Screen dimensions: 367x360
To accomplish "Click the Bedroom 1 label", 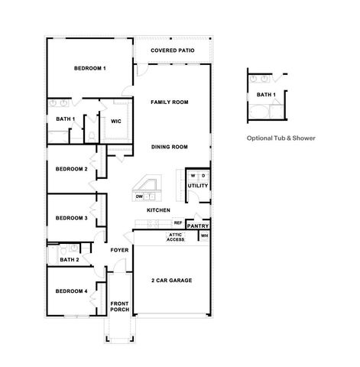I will point(89,69).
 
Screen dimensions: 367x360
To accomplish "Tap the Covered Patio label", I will point(172,50).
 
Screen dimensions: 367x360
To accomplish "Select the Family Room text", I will point(169,102).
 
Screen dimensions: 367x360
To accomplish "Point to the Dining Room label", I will point(169,147).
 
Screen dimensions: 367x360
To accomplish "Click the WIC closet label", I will point(116,121).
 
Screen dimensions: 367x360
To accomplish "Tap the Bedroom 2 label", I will point(71,169).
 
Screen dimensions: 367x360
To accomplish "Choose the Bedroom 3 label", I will point(71,219).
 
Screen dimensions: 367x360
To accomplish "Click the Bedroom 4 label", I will point(71,291).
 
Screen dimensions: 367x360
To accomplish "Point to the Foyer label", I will point(119,250).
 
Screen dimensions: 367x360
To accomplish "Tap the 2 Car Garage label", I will point(171,281).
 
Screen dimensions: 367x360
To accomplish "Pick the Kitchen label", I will point(157,210).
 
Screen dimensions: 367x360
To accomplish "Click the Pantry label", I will point(198,226).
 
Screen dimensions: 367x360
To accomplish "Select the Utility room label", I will point(197,186).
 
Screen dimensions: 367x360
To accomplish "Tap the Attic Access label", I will point(176,238).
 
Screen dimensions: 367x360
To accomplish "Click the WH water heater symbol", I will point(204,236).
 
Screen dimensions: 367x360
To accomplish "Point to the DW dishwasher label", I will point(140,196).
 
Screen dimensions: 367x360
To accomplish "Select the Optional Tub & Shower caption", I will point(281,138).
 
